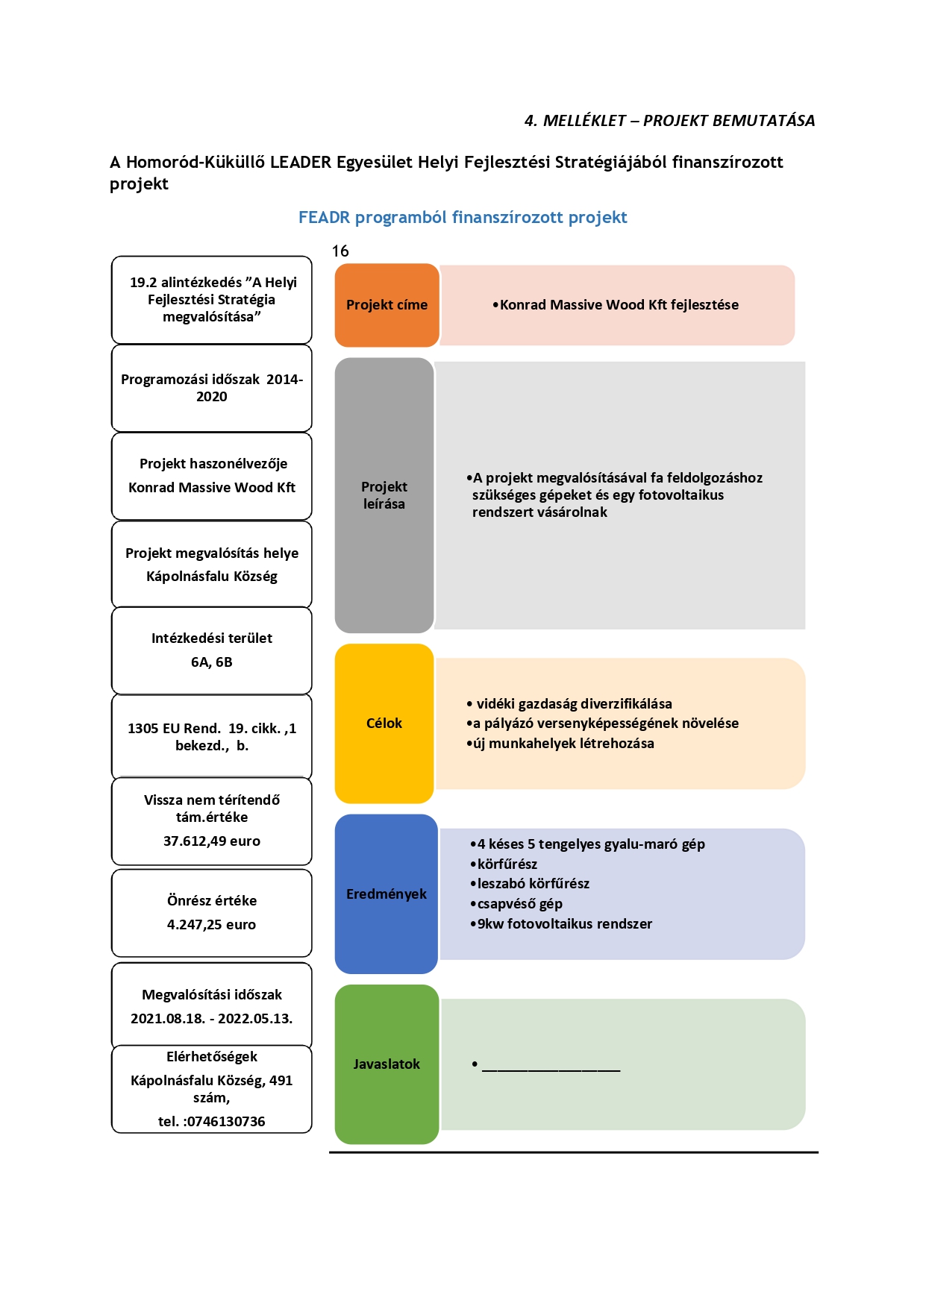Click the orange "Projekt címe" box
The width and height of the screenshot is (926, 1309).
(387, 305)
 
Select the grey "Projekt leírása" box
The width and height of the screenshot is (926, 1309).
(384, 495)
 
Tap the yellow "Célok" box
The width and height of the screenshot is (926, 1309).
(384, 723)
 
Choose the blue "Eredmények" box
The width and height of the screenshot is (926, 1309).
(387, 894)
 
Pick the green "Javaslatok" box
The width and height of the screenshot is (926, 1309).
(387, 1064)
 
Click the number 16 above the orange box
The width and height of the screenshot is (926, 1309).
(340, 251)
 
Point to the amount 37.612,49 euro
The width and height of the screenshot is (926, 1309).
(212, 841)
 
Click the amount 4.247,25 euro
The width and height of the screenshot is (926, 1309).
(212, 925)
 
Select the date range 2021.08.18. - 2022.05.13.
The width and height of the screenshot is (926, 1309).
(212, 1019)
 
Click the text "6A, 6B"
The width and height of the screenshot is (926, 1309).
(212, 662)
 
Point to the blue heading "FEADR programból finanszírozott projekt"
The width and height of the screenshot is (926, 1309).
(463, 218)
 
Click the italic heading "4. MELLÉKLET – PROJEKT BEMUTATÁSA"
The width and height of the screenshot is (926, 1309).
(669, 121)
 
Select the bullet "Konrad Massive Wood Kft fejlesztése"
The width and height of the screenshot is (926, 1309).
(616, 305)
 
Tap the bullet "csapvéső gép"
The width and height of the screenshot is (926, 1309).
(516, 904)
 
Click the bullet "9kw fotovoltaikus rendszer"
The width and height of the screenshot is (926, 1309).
(561, 924)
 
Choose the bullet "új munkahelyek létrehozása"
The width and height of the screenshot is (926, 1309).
(560, 744)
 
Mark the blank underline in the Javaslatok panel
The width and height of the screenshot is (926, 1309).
(551, 1071)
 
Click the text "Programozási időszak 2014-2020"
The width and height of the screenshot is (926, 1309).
(212, 388)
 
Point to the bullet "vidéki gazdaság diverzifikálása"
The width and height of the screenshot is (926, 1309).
(569, 704)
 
